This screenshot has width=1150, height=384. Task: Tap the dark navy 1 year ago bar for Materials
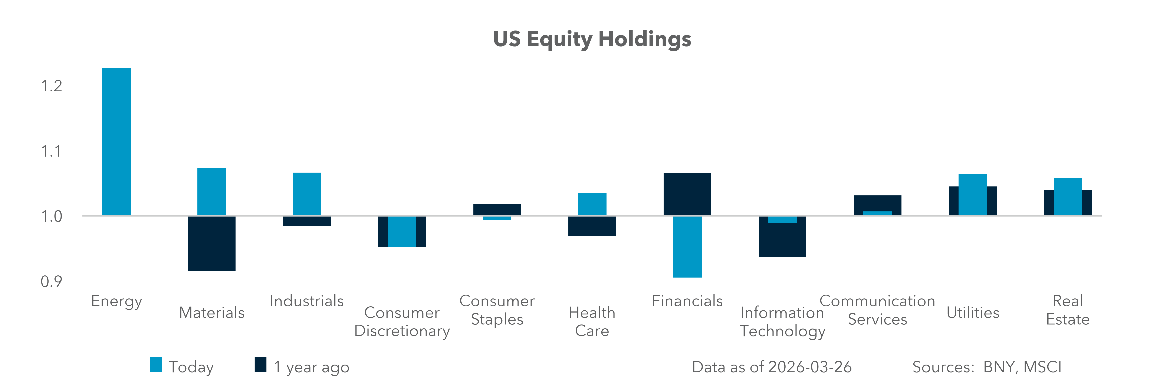click(212, 244)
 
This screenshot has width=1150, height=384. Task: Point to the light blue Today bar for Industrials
click(307, 193)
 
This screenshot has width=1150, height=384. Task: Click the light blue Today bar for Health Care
click(592, 204)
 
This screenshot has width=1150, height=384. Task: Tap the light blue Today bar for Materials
click(212, 191)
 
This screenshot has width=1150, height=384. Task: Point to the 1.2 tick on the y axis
click(51, 86)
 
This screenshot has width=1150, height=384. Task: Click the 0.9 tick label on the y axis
click(51, 282)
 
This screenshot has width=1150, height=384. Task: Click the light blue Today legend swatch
click(156, 365)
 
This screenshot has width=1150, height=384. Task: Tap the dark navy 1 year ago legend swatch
click(260, 365)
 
